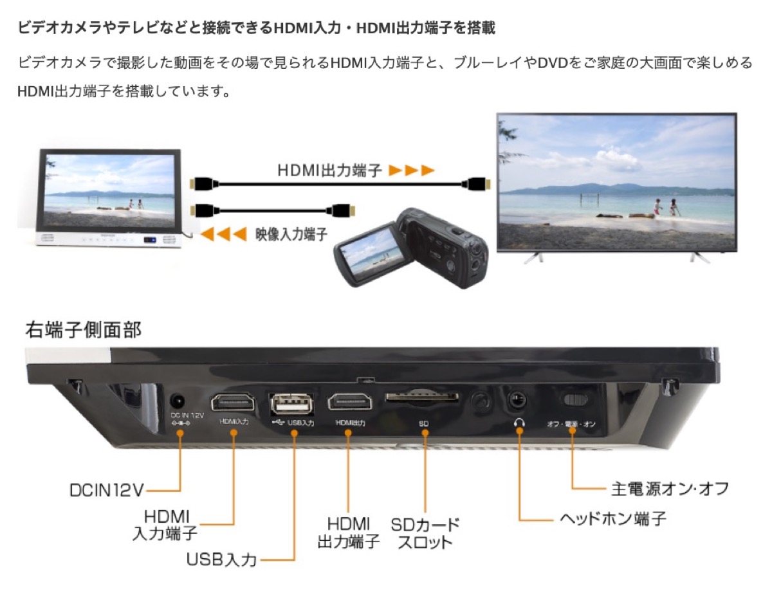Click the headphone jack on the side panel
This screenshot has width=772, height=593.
516,400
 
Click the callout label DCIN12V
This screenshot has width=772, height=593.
106,490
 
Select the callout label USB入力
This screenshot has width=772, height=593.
221,559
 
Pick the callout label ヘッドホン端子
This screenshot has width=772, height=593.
612,518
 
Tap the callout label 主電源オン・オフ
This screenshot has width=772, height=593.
669,488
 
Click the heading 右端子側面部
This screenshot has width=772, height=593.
83,331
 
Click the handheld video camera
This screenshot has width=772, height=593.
411,248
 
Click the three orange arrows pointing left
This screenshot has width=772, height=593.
223,234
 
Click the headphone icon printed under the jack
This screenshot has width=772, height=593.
519,423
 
